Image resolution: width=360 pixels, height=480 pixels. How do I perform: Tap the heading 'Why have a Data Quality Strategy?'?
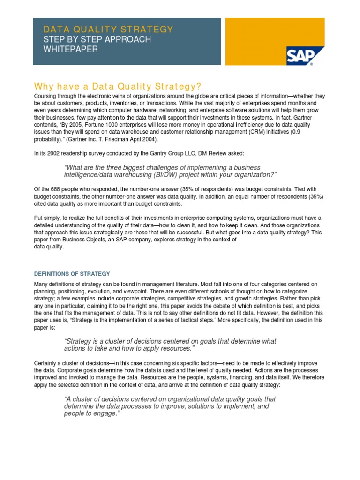(118, 87)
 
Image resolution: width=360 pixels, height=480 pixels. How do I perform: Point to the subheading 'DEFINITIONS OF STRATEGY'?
(72, 274)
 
